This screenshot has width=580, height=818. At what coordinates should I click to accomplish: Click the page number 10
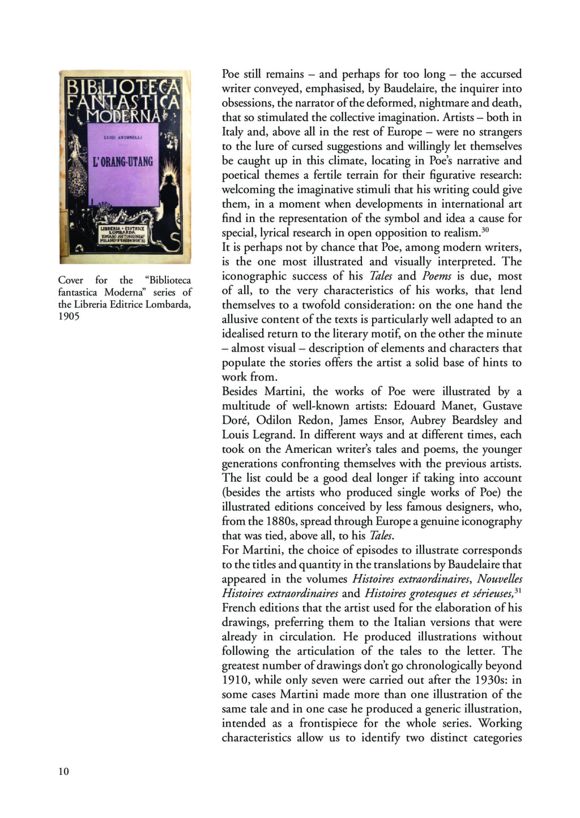[63, 771]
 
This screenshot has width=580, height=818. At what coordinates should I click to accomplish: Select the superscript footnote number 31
[518, 590]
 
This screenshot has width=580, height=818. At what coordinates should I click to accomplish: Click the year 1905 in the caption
[69, 316]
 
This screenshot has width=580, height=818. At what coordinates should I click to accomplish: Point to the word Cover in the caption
[71, 280]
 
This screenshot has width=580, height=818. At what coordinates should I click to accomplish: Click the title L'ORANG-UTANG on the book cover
[123, 162]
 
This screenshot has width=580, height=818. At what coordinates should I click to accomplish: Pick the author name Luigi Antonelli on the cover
[122, 137]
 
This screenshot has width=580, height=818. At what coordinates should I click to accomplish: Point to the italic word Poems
[437, 276]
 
